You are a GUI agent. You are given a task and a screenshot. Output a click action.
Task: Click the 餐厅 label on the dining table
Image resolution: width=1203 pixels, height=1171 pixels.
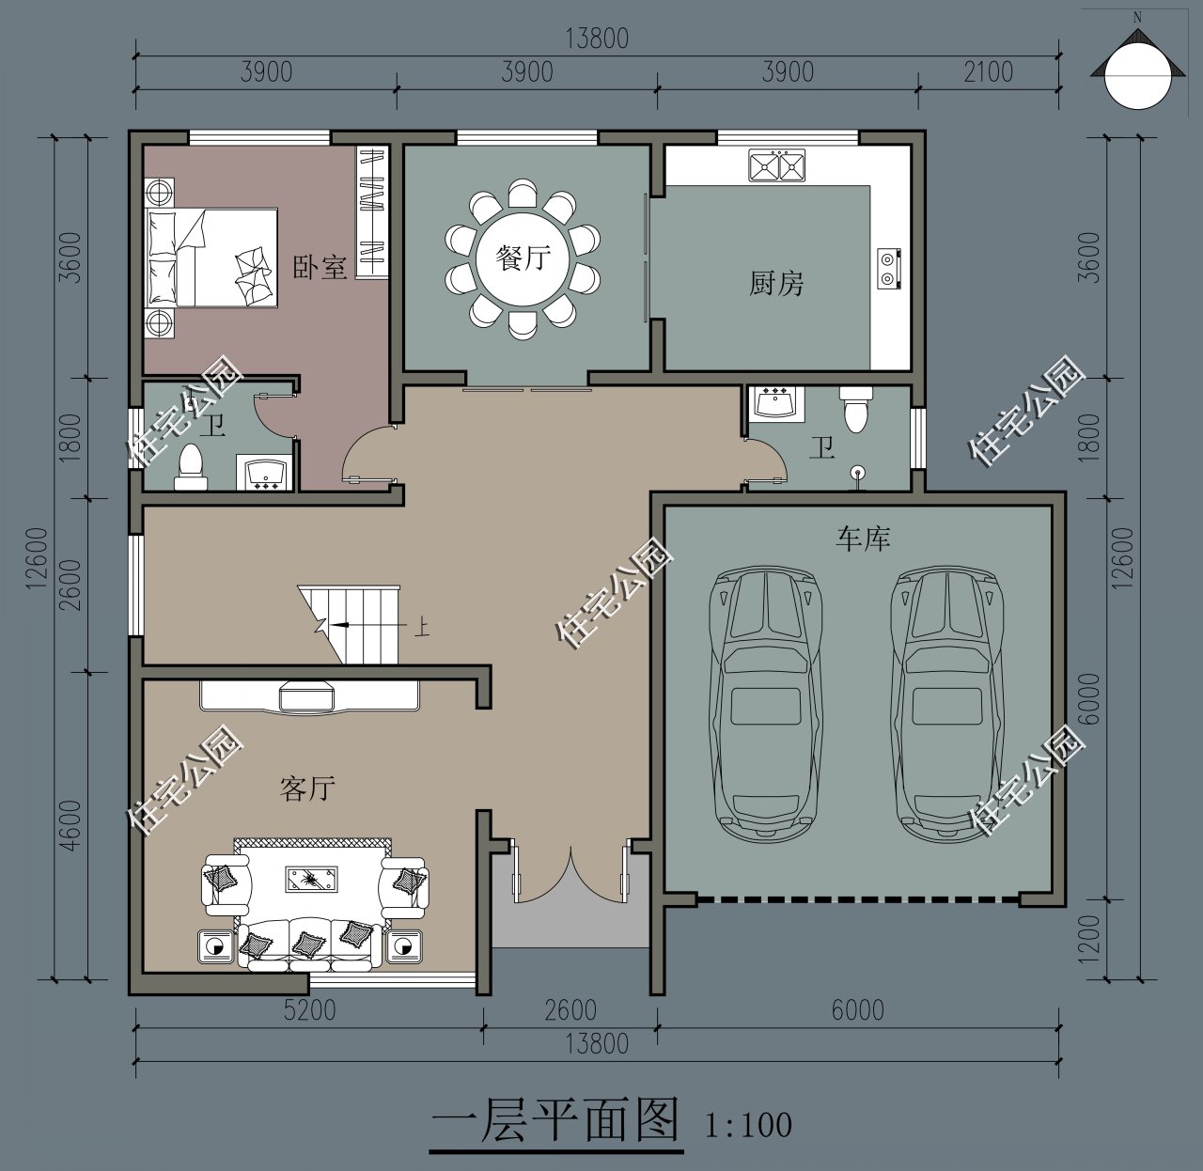point(523,257)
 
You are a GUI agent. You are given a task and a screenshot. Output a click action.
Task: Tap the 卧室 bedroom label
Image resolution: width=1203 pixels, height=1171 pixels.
point(320,267)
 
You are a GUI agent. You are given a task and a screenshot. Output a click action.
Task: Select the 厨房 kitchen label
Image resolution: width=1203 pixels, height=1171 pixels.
point(776,283)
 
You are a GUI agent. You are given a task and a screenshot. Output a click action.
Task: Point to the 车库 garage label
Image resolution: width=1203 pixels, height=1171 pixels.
point(863,539)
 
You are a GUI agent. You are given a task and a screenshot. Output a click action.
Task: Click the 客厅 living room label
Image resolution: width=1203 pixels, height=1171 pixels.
point(306,788)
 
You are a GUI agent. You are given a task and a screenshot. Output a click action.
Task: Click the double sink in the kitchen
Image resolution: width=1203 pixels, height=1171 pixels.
point(777,165)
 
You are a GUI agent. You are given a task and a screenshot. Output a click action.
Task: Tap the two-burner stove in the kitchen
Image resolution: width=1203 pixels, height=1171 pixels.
point(889,268)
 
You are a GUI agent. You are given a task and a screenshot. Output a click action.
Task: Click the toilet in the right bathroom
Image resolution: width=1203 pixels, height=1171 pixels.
point(855,411)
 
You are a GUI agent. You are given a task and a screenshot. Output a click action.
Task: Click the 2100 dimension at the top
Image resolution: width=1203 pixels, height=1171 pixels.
point(988,72)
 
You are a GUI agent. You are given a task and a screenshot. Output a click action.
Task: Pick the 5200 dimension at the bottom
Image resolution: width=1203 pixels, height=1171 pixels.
point(309,1010)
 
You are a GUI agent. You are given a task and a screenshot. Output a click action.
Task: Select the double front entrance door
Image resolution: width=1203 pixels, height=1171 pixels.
point(570,874)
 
